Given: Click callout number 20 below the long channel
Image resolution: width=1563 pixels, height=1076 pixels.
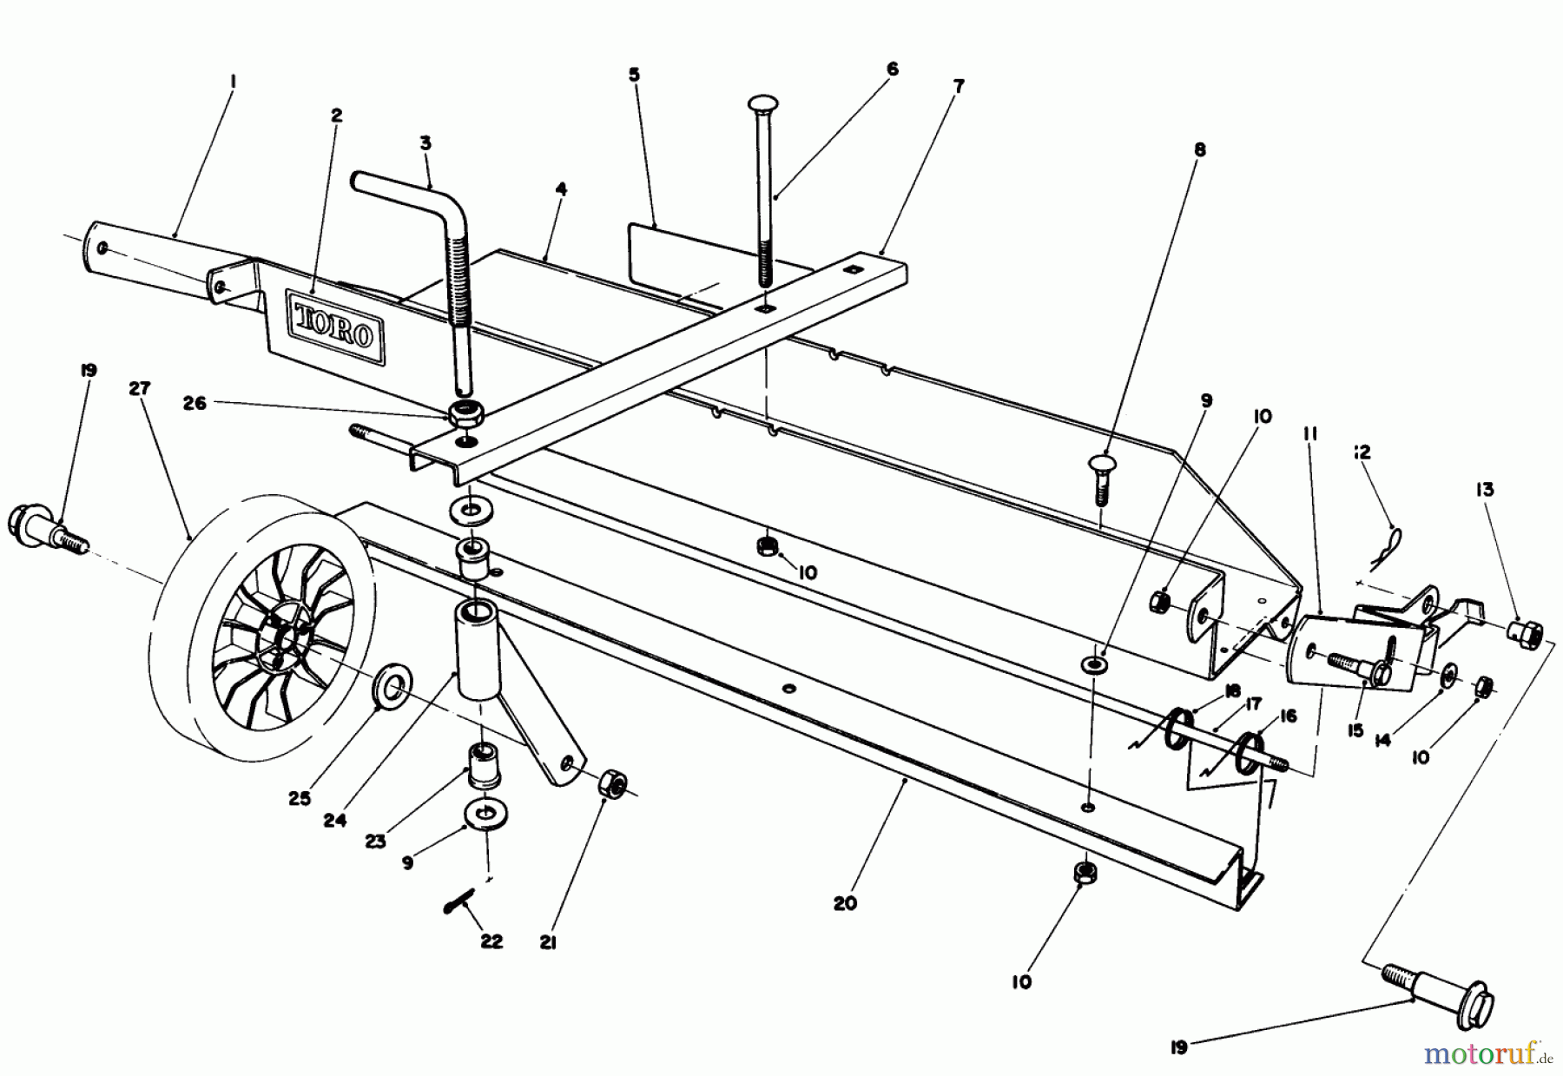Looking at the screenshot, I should tap(844, 903).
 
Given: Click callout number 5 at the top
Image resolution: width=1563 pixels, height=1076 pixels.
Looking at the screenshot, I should tap(634, 76).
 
